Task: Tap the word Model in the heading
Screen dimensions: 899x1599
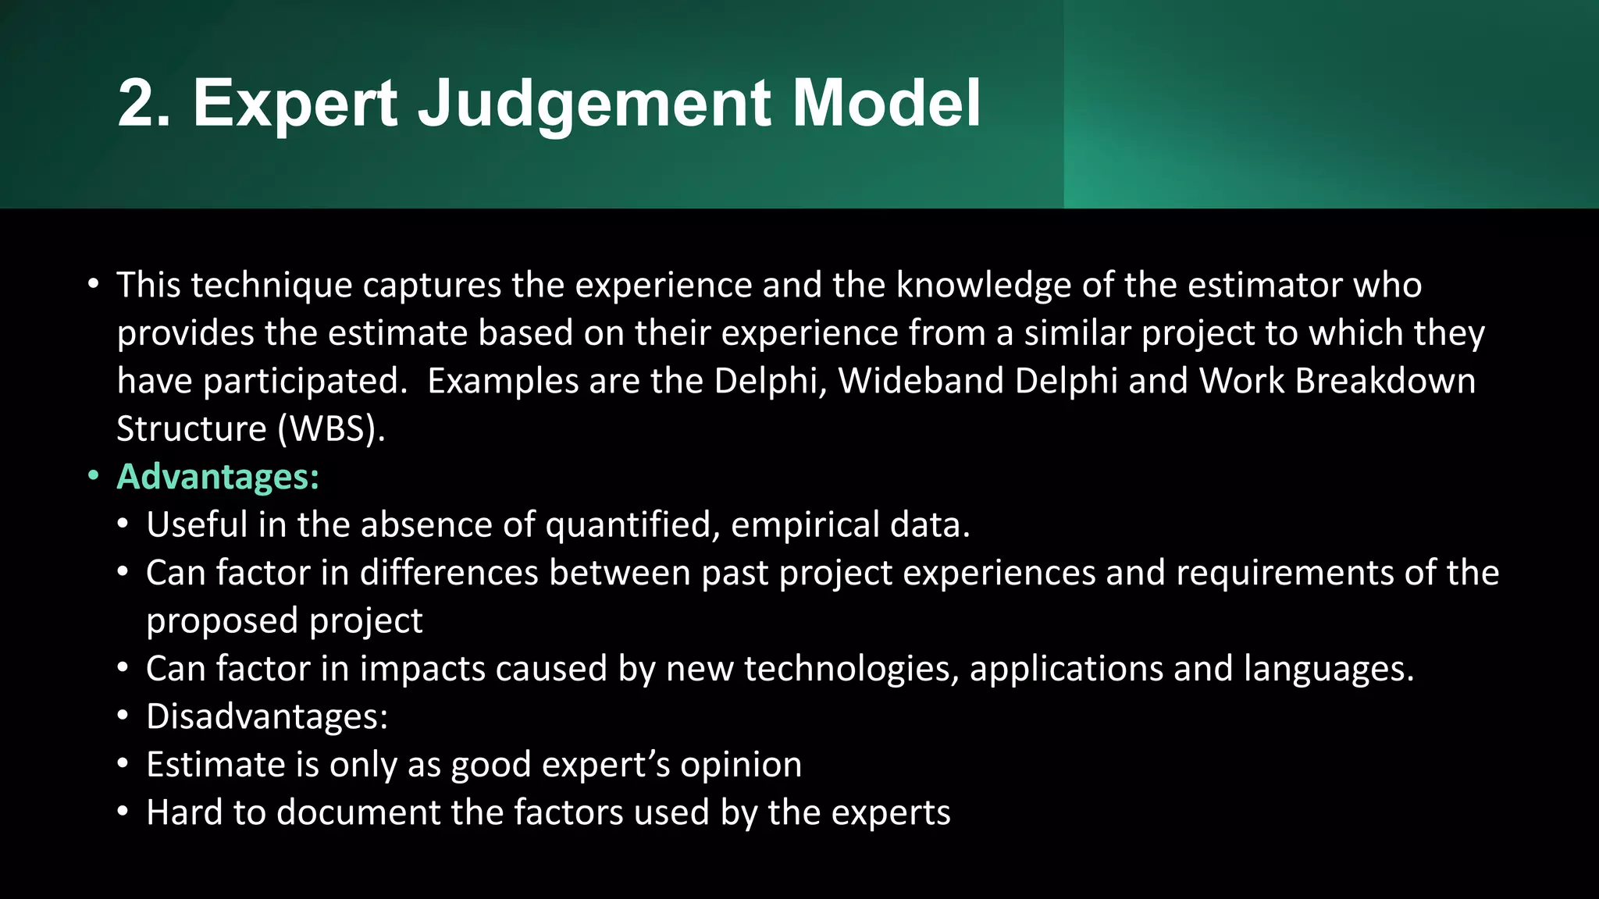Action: tap(886, 103)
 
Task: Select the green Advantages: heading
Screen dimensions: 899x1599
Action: tap(218, 477)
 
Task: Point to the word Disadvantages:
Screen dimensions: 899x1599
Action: tap(267, 716)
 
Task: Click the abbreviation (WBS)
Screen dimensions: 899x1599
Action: tap(329, 429)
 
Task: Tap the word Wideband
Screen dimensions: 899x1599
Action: tap(921, 381)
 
